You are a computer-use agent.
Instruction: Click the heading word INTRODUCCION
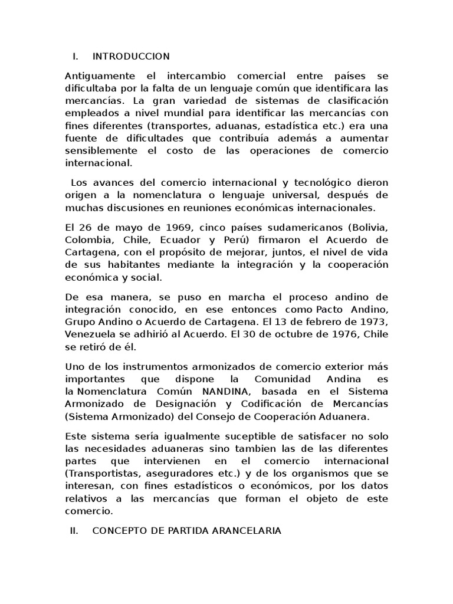point(131,57)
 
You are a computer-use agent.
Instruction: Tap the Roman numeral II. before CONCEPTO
point(74,531)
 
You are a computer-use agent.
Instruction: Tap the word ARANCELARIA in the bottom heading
point(247,531)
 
